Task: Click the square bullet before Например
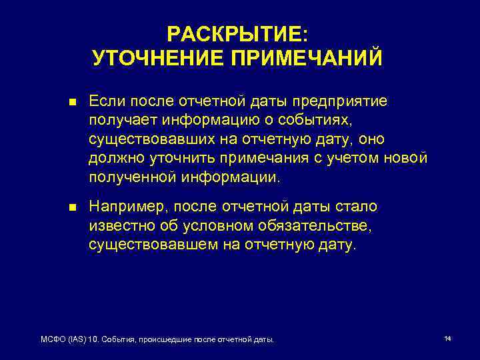tap(72, 207)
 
